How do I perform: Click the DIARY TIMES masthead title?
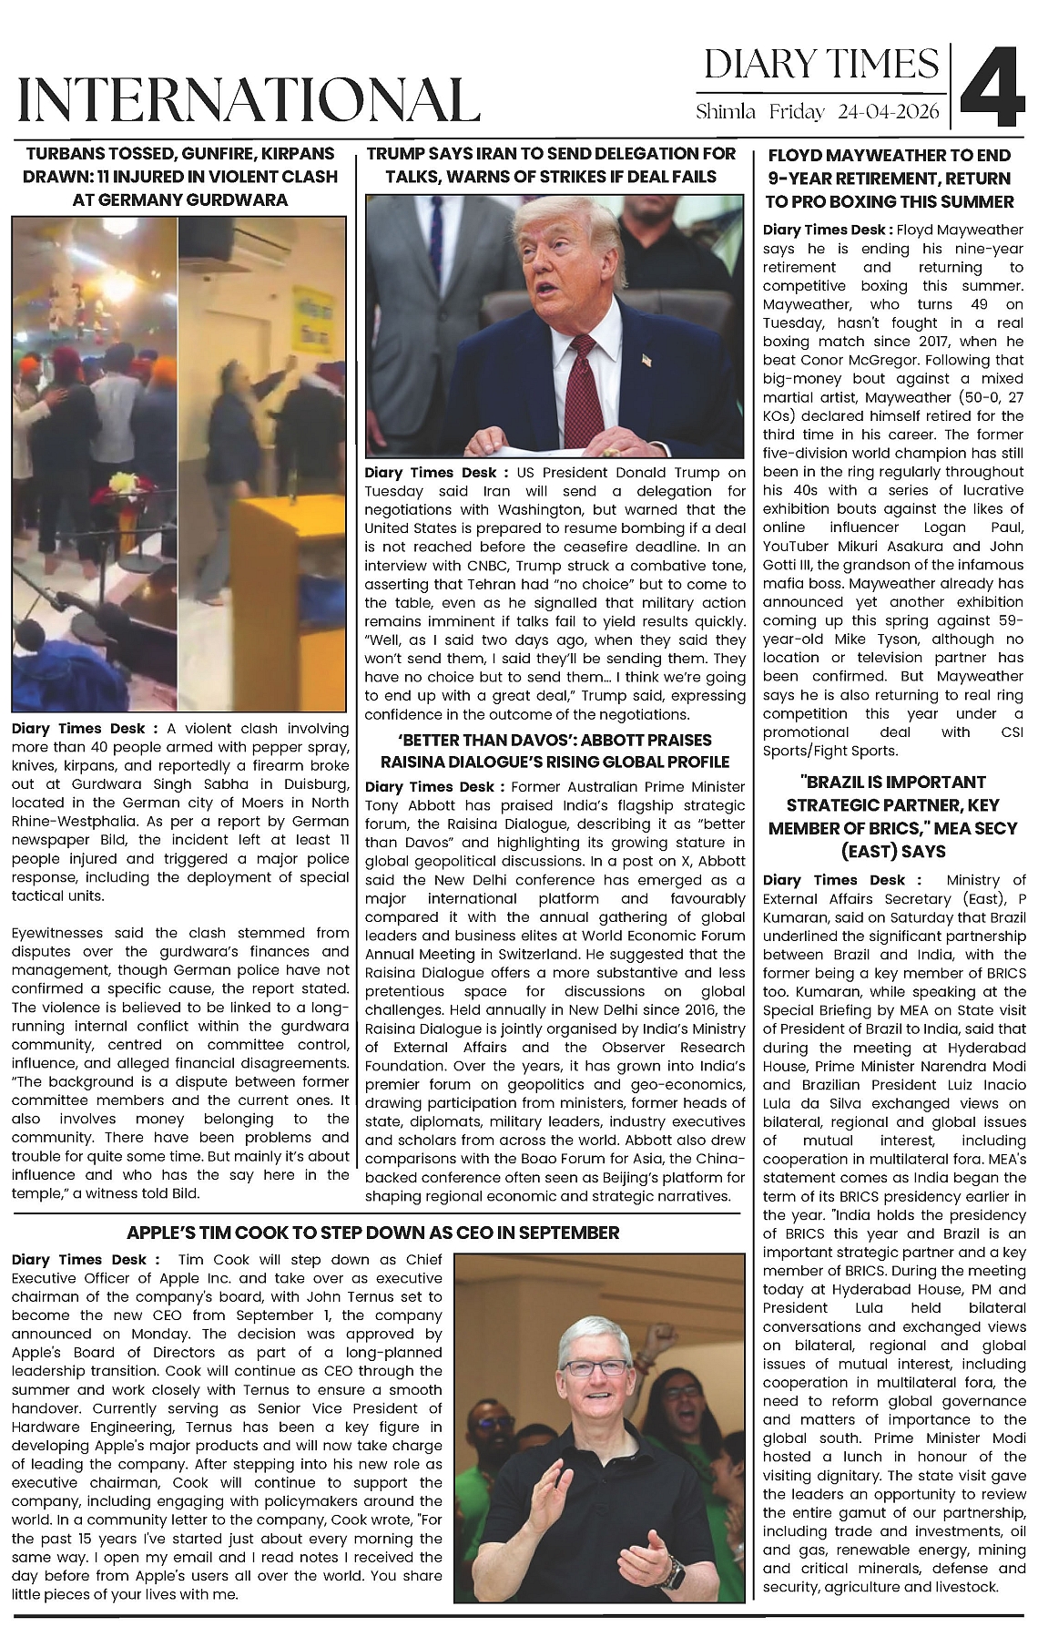coord(821,65)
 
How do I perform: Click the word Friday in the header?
coord(798,113)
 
